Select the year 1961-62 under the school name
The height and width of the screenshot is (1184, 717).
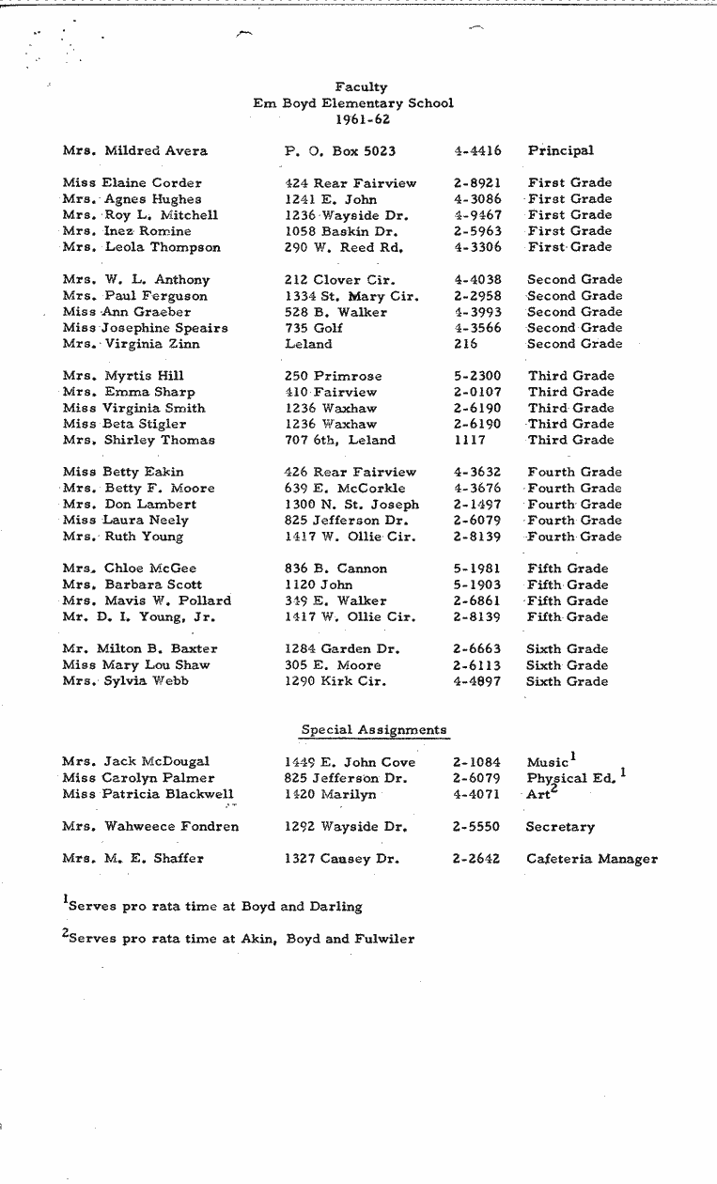[362, 119]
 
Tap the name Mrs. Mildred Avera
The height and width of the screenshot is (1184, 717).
[134, 150]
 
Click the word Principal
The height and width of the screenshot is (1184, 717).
[560, 150]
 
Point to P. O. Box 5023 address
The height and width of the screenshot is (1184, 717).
[339, 150]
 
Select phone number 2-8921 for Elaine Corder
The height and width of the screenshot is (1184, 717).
[476, 183]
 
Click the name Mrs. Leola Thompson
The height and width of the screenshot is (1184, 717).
[141, 247]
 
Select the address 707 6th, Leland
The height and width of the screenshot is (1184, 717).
[339, 440]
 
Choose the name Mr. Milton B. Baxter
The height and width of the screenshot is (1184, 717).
[140, 649]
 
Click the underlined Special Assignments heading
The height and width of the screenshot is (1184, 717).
[373, 729]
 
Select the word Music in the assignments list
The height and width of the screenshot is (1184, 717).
[547, 762]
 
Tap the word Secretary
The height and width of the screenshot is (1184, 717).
[560, 827]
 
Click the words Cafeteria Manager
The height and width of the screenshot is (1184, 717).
[591, 859]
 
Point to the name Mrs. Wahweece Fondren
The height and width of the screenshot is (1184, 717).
[149, 827]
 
